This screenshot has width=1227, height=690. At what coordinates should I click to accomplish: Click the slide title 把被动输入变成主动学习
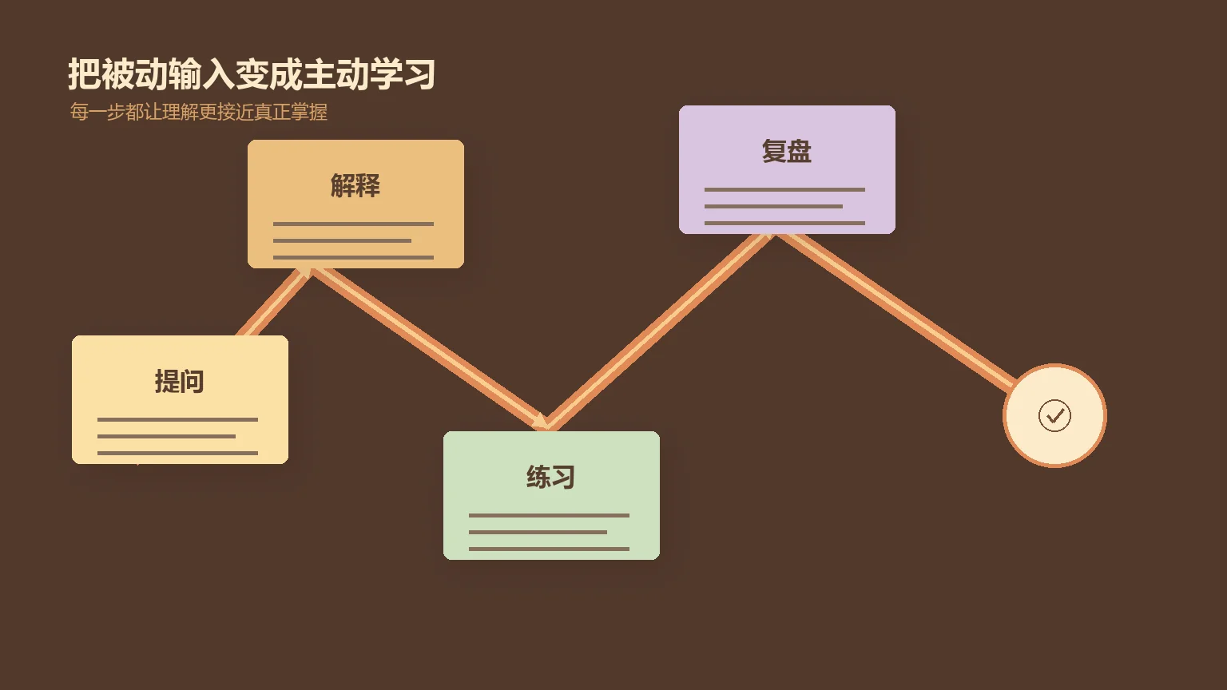coord(252,74)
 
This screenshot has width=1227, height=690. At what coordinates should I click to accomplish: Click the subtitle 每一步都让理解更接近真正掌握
coord(198,112)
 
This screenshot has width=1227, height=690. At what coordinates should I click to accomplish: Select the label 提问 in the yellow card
coord(179,381)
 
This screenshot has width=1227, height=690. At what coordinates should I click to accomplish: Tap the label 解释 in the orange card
coord(355,185)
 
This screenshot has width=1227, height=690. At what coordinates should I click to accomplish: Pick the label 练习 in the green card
coord(550,477)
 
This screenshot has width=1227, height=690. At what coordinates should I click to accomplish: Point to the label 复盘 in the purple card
coord(787,151)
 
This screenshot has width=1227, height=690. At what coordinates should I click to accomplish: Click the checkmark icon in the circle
coord(1054,415)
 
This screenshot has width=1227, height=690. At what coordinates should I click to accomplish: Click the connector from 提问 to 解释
coord(275,302)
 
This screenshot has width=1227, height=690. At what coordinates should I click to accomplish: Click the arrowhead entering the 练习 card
coord(539,421)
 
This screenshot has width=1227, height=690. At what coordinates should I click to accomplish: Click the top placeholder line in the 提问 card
coord(177,419)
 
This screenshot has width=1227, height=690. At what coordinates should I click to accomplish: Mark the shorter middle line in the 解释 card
coord(342,240)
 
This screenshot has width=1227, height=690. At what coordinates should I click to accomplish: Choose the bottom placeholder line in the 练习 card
coord(549,549)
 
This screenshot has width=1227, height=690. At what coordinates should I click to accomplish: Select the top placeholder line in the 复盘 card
coord(784,189)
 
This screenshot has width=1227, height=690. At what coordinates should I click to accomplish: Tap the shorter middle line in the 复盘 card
coord(773,207)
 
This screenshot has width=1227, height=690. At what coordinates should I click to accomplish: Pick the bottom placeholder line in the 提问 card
coord(177,453)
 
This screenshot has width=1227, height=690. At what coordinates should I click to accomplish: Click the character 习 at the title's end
coord(419,74)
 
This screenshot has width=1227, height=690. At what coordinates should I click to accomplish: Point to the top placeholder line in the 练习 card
coord(549,515)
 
